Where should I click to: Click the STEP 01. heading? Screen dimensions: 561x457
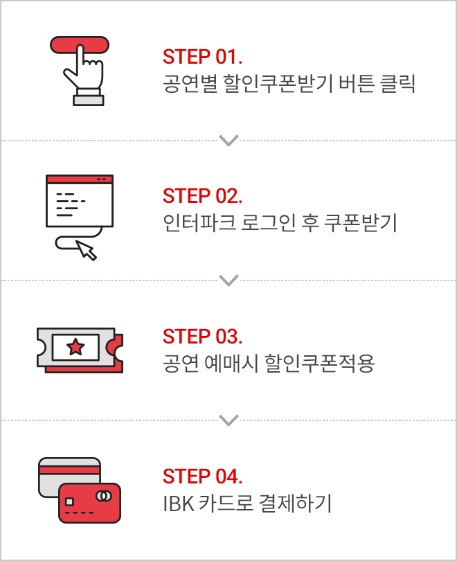203,56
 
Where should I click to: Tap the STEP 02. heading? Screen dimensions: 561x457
203,196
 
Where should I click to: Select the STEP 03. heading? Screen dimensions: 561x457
203,337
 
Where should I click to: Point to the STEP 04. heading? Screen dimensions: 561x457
203,477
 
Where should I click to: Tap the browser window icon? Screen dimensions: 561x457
79,201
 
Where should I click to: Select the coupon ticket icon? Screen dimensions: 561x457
80,350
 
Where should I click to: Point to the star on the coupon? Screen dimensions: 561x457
75,347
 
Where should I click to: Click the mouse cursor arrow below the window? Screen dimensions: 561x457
87,249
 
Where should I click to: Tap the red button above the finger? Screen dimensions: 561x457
80,44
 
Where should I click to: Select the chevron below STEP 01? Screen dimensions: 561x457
228,141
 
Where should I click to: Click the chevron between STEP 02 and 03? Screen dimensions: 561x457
228,280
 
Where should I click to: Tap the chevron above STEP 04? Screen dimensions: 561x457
228,420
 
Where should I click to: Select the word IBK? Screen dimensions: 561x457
174,504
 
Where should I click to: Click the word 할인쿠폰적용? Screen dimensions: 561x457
319,364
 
